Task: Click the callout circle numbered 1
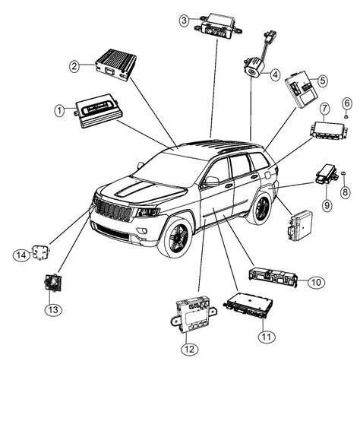59,112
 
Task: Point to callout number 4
275,74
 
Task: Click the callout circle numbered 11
265,335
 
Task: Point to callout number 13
52,309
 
